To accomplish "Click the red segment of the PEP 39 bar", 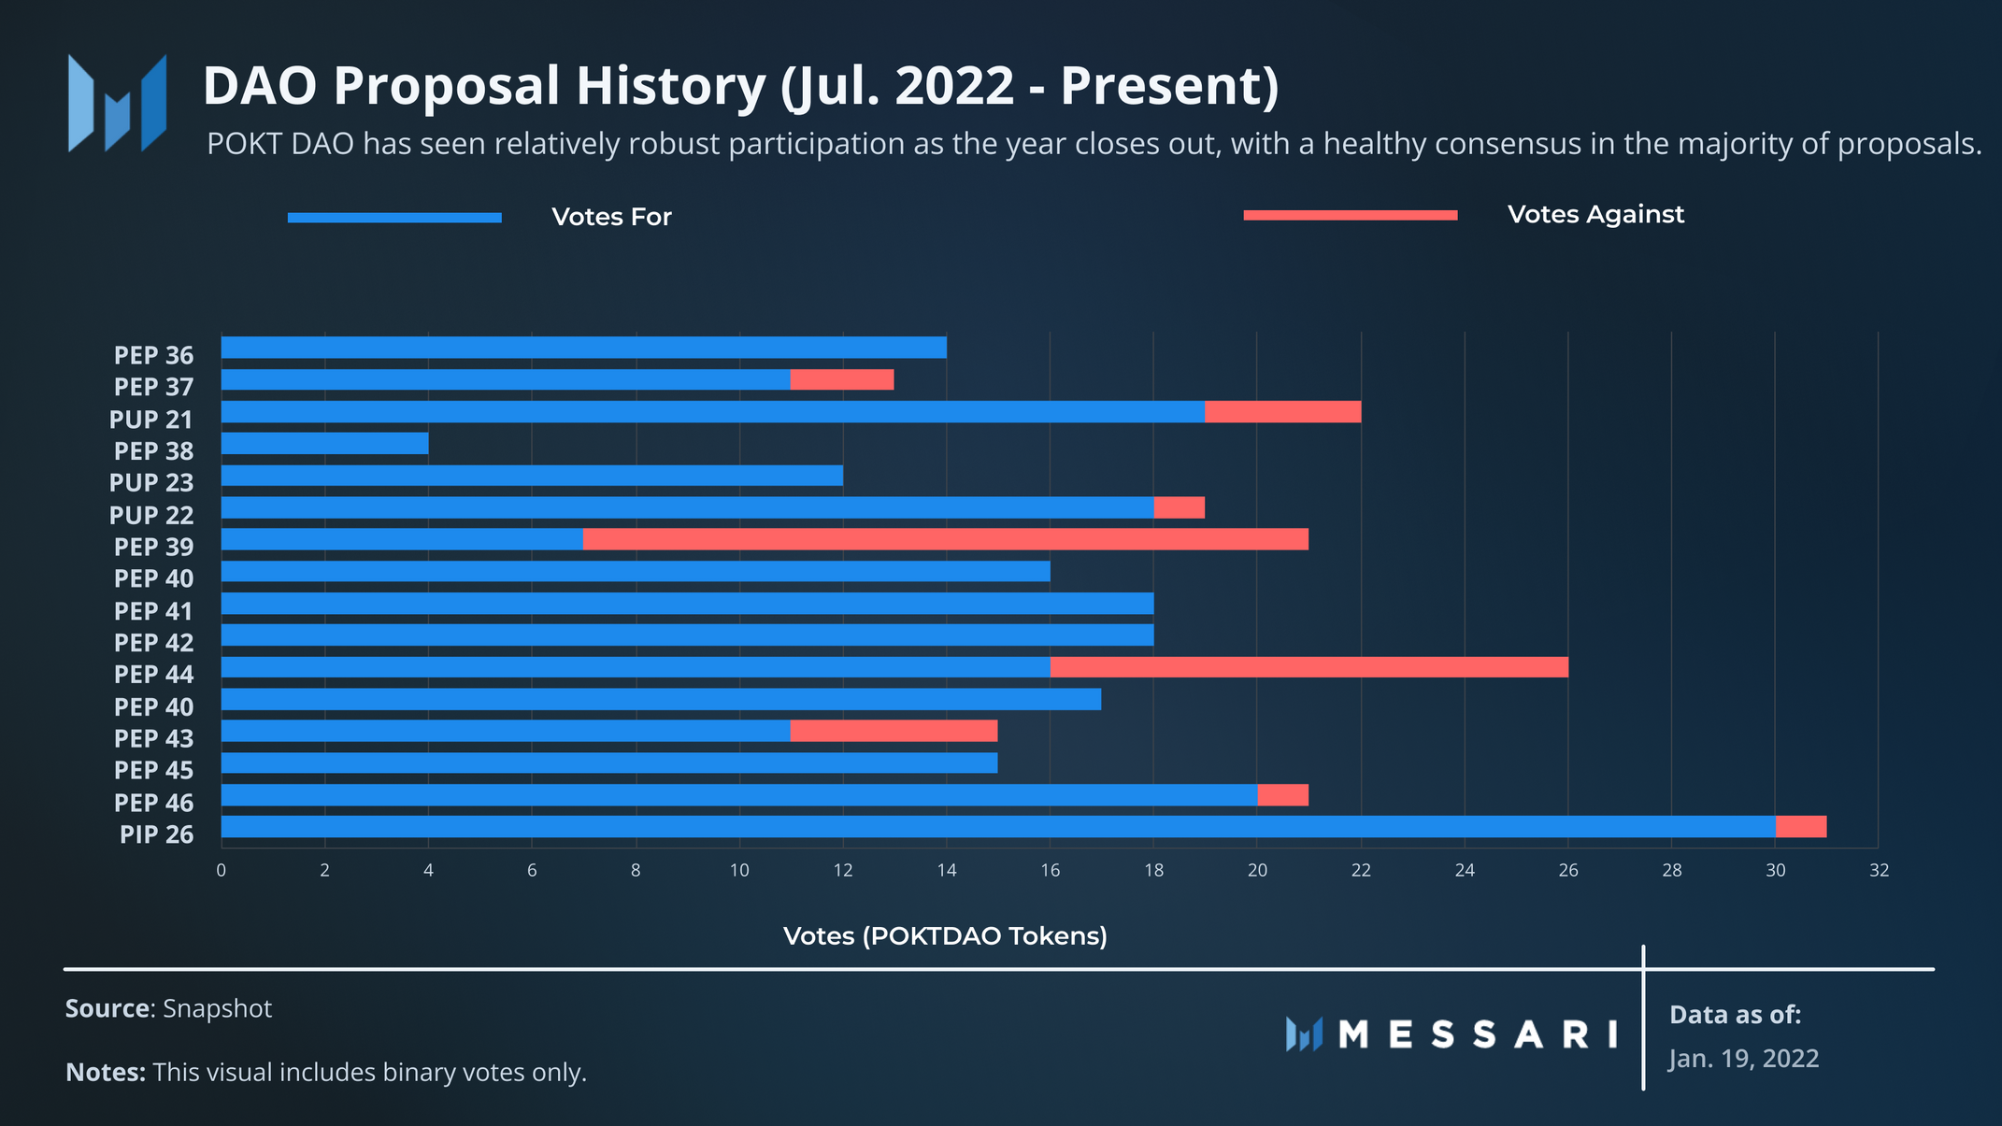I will [945, 539].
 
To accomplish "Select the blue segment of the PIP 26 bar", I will [997, 827].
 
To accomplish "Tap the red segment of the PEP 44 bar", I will [1308, 667].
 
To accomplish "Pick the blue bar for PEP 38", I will [324, 443].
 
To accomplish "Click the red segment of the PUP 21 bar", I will [1282, 412].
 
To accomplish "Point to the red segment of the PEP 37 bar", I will [841, 379].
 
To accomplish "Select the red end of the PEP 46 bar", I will [1282, 795].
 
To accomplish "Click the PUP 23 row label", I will [151, 483].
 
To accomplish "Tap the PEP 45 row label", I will [153, 771].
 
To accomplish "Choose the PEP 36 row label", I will [153, 356].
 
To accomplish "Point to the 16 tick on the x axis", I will [1050, 871].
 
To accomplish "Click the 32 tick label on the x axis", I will [1879, 871].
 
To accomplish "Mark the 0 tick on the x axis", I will [221, 871].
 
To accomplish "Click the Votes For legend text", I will [611, 217].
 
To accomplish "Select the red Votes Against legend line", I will [1350, 216].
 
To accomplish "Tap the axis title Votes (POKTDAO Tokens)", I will [945, 936].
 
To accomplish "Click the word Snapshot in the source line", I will [217, 1009].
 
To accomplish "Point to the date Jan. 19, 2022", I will [1743, 1059].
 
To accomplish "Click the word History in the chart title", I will [670, 86].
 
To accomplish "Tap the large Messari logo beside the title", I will [118, 103].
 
